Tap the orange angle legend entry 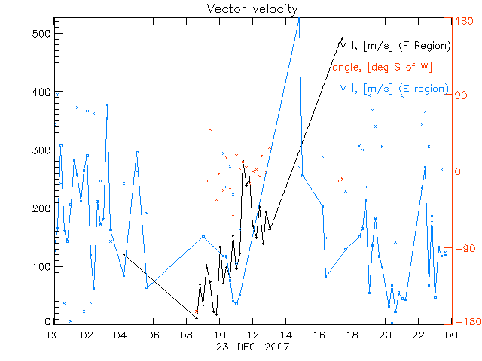[x=382, y=68]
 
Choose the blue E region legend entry [x=391, y=89]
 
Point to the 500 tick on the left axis [x=41, y=34]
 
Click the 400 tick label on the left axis [x=41, y=92]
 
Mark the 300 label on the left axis [x=41, y=150]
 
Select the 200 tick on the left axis [x=41, y=208]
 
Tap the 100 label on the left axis [x=41, y=266]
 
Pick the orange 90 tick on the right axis [x=462, y=96]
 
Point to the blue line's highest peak [x=299, y=19]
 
